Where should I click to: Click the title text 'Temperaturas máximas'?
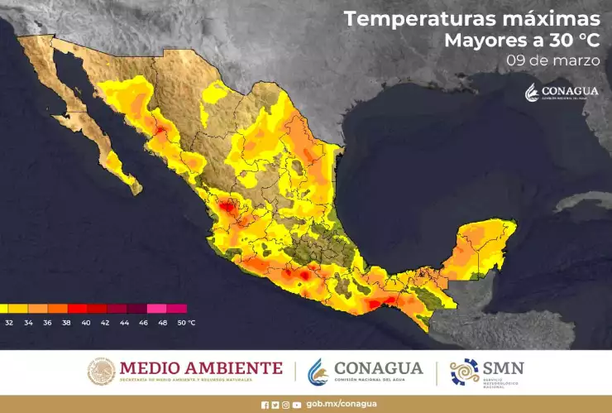tap(471, 18)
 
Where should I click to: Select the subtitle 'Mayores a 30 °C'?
tap(522, 41)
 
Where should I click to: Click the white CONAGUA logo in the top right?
tap(562, 93)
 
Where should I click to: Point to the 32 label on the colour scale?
tap(9, 322)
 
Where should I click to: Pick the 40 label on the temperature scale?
tap(86, 322)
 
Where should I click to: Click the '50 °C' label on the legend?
tap(186, 322)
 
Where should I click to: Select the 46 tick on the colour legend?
tap(144, 322)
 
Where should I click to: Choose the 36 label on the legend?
tap(47, 322)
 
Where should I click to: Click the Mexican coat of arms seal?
tap(101, 372)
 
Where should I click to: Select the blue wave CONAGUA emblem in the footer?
tap(318, 372)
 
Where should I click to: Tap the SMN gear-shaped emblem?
tap(464, 372)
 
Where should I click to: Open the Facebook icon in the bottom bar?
tap(265, 405)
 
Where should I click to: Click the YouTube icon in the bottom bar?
tap(296, 405)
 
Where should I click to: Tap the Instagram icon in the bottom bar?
tap(285, 405)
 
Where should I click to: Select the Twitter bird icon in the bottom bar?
tap(275, 405)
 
